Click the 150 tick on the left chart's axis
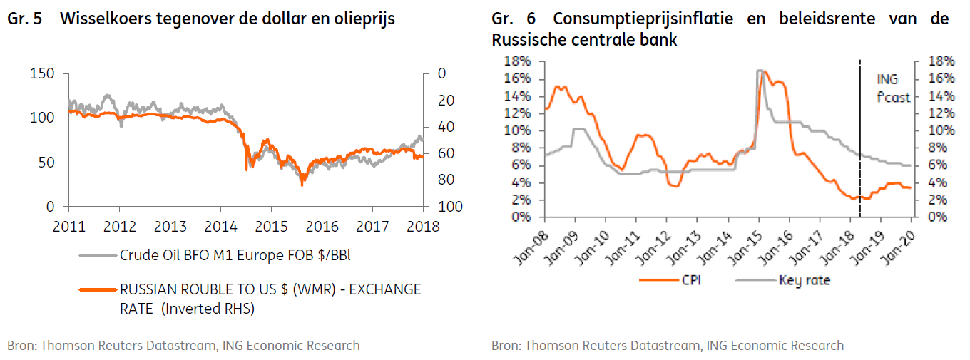(43, 73)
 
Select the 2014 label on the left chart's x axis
(220, 227)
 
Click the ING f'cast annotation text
(893, 88)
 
